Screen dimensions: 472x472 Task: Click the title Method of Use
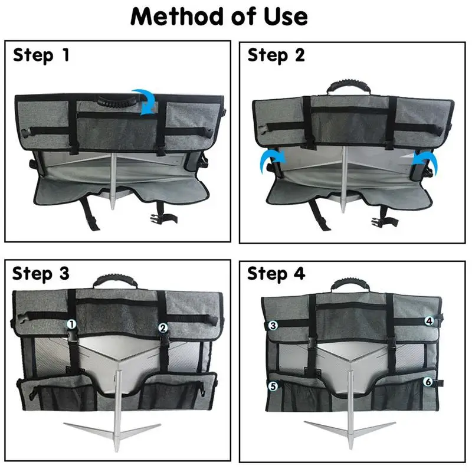(219, 17)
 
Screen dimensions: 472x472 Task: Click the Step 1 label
(41, 55)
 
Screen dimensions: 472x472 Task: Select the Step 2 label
(276, 55)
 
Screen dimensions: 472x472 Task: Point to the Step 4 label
(276, 274)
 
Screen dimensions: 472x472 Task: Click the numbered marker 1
(71, 324)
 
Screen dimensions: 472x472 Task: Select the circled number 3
(273, 325)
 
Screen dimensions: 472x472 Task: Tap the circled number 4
(430, 321)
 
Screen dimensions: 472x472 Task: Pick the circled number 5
(273, 386)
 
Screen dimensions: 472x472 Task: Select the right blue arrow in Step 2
(423, 160)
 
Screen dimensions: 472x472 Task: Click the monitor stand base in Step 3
(112, 430)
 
